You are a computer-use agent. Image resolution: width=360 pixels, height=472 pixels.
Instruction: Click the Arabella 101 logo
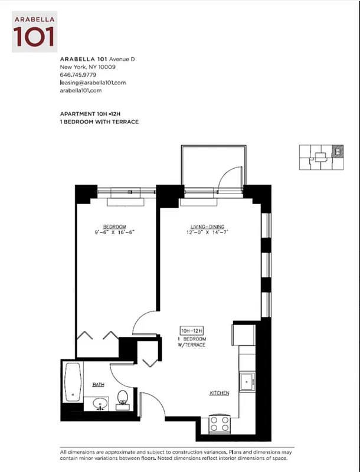pyautogui.click(x=35, y=30)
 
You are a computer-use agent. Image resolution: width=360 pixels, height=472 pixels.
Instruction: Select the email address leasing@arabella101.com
pyautogui.click(x=93, y=83)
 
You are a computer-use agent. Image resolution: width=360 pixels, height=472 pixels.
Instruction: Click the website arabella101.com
pyautogui.click(x=81, y=90)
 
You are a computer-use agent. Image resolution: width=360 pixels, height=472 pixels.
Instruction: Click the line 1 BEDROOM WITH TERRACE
pyautogui.click(x=99, y=122)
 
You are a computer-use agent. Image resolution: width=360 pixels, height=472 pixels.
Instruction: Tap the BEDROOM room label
pyautogui.click(x=114, y=227)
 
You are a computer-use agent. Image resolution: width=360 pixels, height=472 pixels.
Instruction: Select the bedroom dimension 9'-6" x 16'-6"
pyautogui.click(x=114, y=233)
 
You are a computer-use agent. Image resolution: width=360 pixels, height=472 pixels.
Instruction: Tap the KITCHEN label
pyautogui.click(x=219, y=393)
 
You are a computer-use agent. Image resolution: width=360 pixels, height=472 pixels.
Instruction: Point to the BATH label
pyautogui.click(x=98, y=384)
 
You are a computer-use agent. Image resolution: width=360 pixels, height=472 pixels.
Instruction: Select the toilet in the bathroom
pyautogui.click(x=123, y=399)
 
